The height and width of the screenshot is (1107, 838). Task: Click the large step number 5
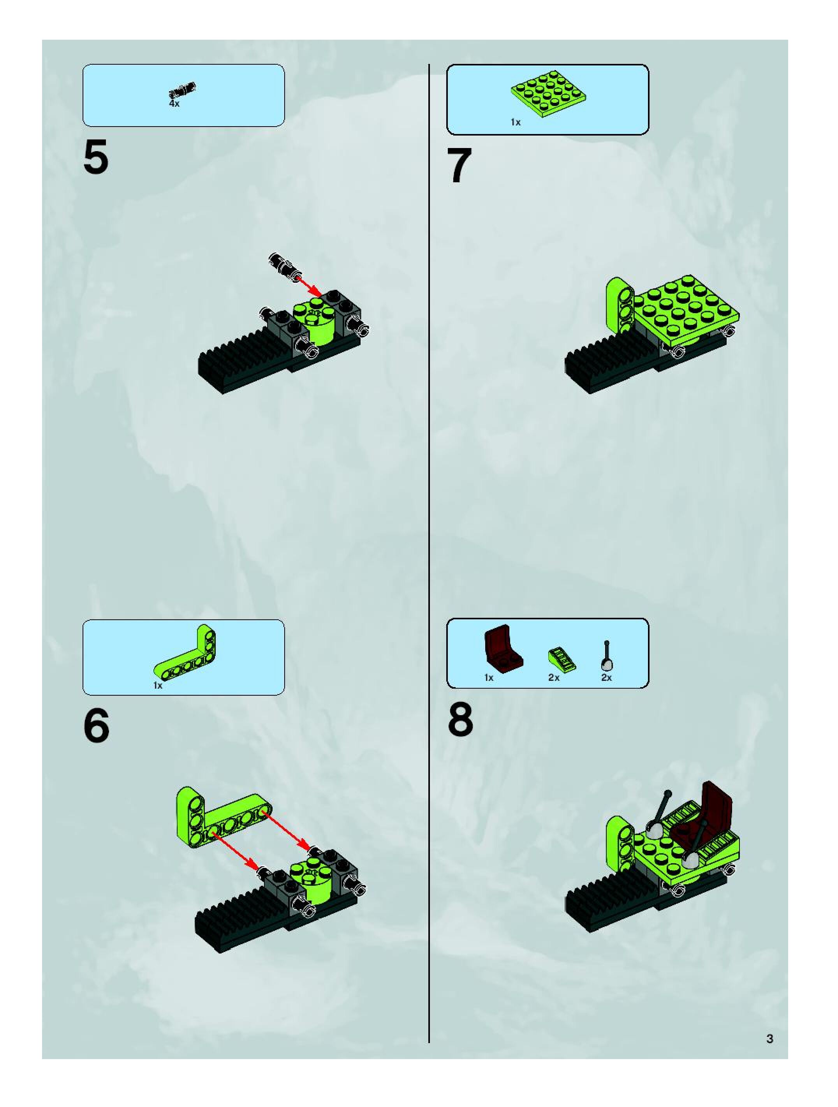[x=96, y=158]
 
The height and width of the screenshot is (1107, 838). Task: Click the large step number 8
[x=460, y=721]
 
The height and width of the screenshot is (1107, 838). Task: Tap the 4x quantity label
[x=174, y=104]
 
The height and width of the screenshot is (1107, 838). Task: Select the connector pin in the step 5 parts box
[x=183, y=90]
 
